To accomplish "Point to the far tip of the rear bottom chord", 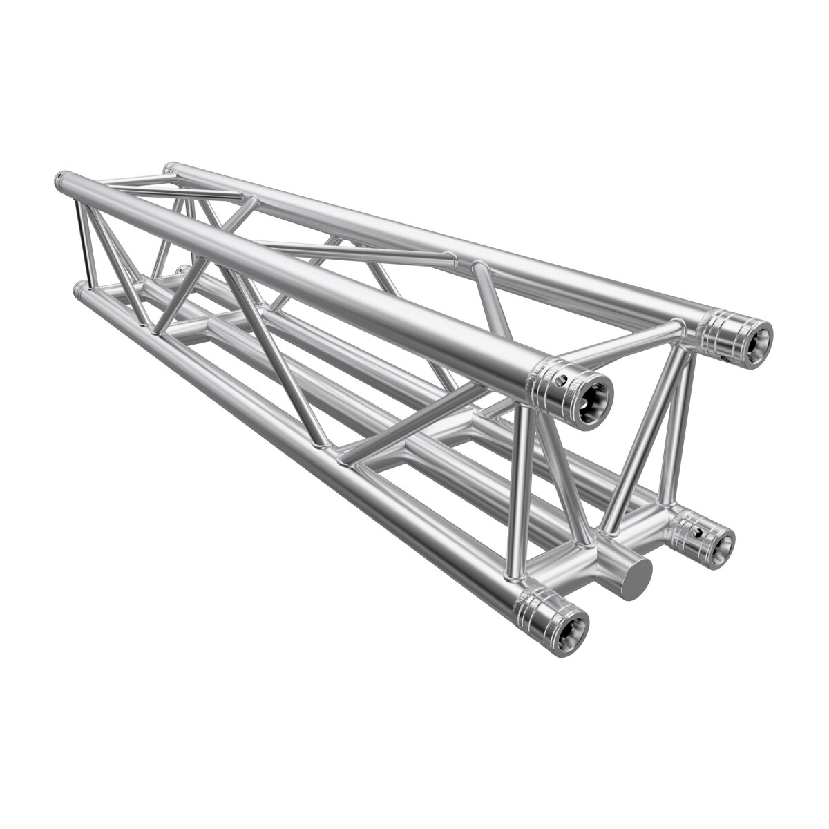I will coord(180,269).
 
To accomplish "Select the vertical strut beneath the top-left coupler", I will coord(523,484).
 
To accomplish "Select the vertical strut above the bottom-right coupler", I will coord(669,442).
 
